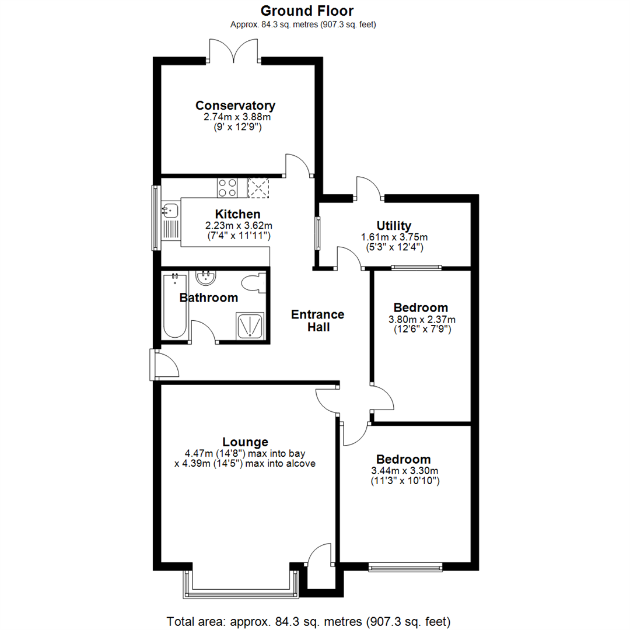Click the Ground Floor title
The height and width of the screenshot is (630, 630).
coord(306,10)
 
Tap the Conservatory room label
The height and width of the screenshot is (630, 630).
coord(235,106)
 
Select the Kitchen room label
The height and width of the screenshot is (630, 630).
coord(237,214)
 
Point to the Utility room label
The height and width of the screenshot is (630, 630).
coord(394,226)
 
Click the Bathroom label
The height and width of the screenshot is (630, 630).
coord(208,298)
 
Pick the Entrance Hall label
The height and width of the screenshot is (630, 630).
coord(317,321)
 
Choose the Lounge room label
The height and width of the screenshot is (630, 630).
coord(245,442)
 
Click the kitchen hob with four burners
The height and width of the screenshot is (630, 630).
coord(228,187)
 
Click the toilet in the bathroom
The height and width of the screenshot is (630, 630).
coord(255,283)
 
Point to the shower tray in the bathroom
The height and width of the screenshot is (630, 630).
coord(250,325)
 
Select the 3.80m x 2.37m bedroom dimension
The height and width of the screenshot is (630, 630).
coord(422,319)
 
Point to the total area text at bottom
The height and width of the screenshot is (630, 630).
coord(309,620)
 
